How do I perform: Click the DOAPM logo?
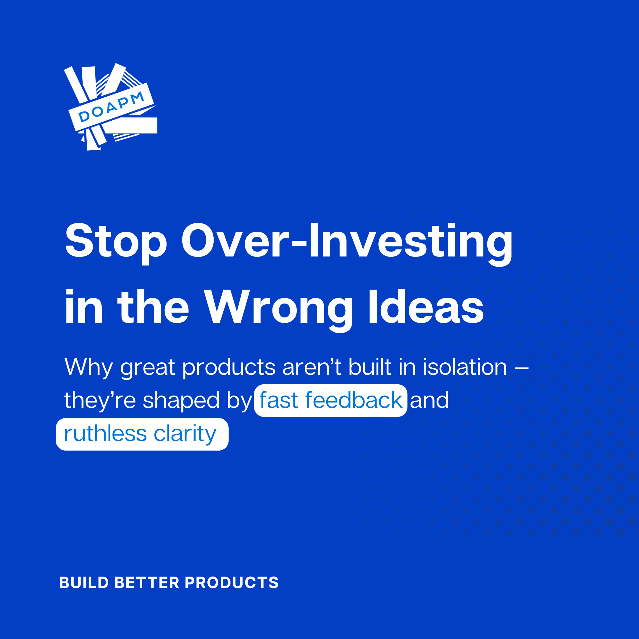[110, 107]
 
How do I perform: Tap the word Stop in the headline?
[116, 241]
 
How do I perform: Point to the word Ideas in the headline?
[426, 306]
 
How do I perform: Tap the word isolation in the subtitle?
[465, 367]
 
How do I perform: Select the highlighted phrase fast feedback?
[331, 401]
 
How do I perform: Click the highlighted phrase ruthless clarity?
[142, 434]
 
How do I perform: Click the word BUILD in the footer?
[84, 582]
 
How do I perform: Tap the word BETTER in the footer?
[146, 582]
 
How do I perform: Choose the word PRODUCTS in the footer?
[232, 582]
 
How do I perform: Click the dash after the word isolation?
[522, 368]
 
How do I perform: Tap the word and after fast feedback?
[429, 400]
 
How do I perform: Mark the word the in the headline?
[153, 306]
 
